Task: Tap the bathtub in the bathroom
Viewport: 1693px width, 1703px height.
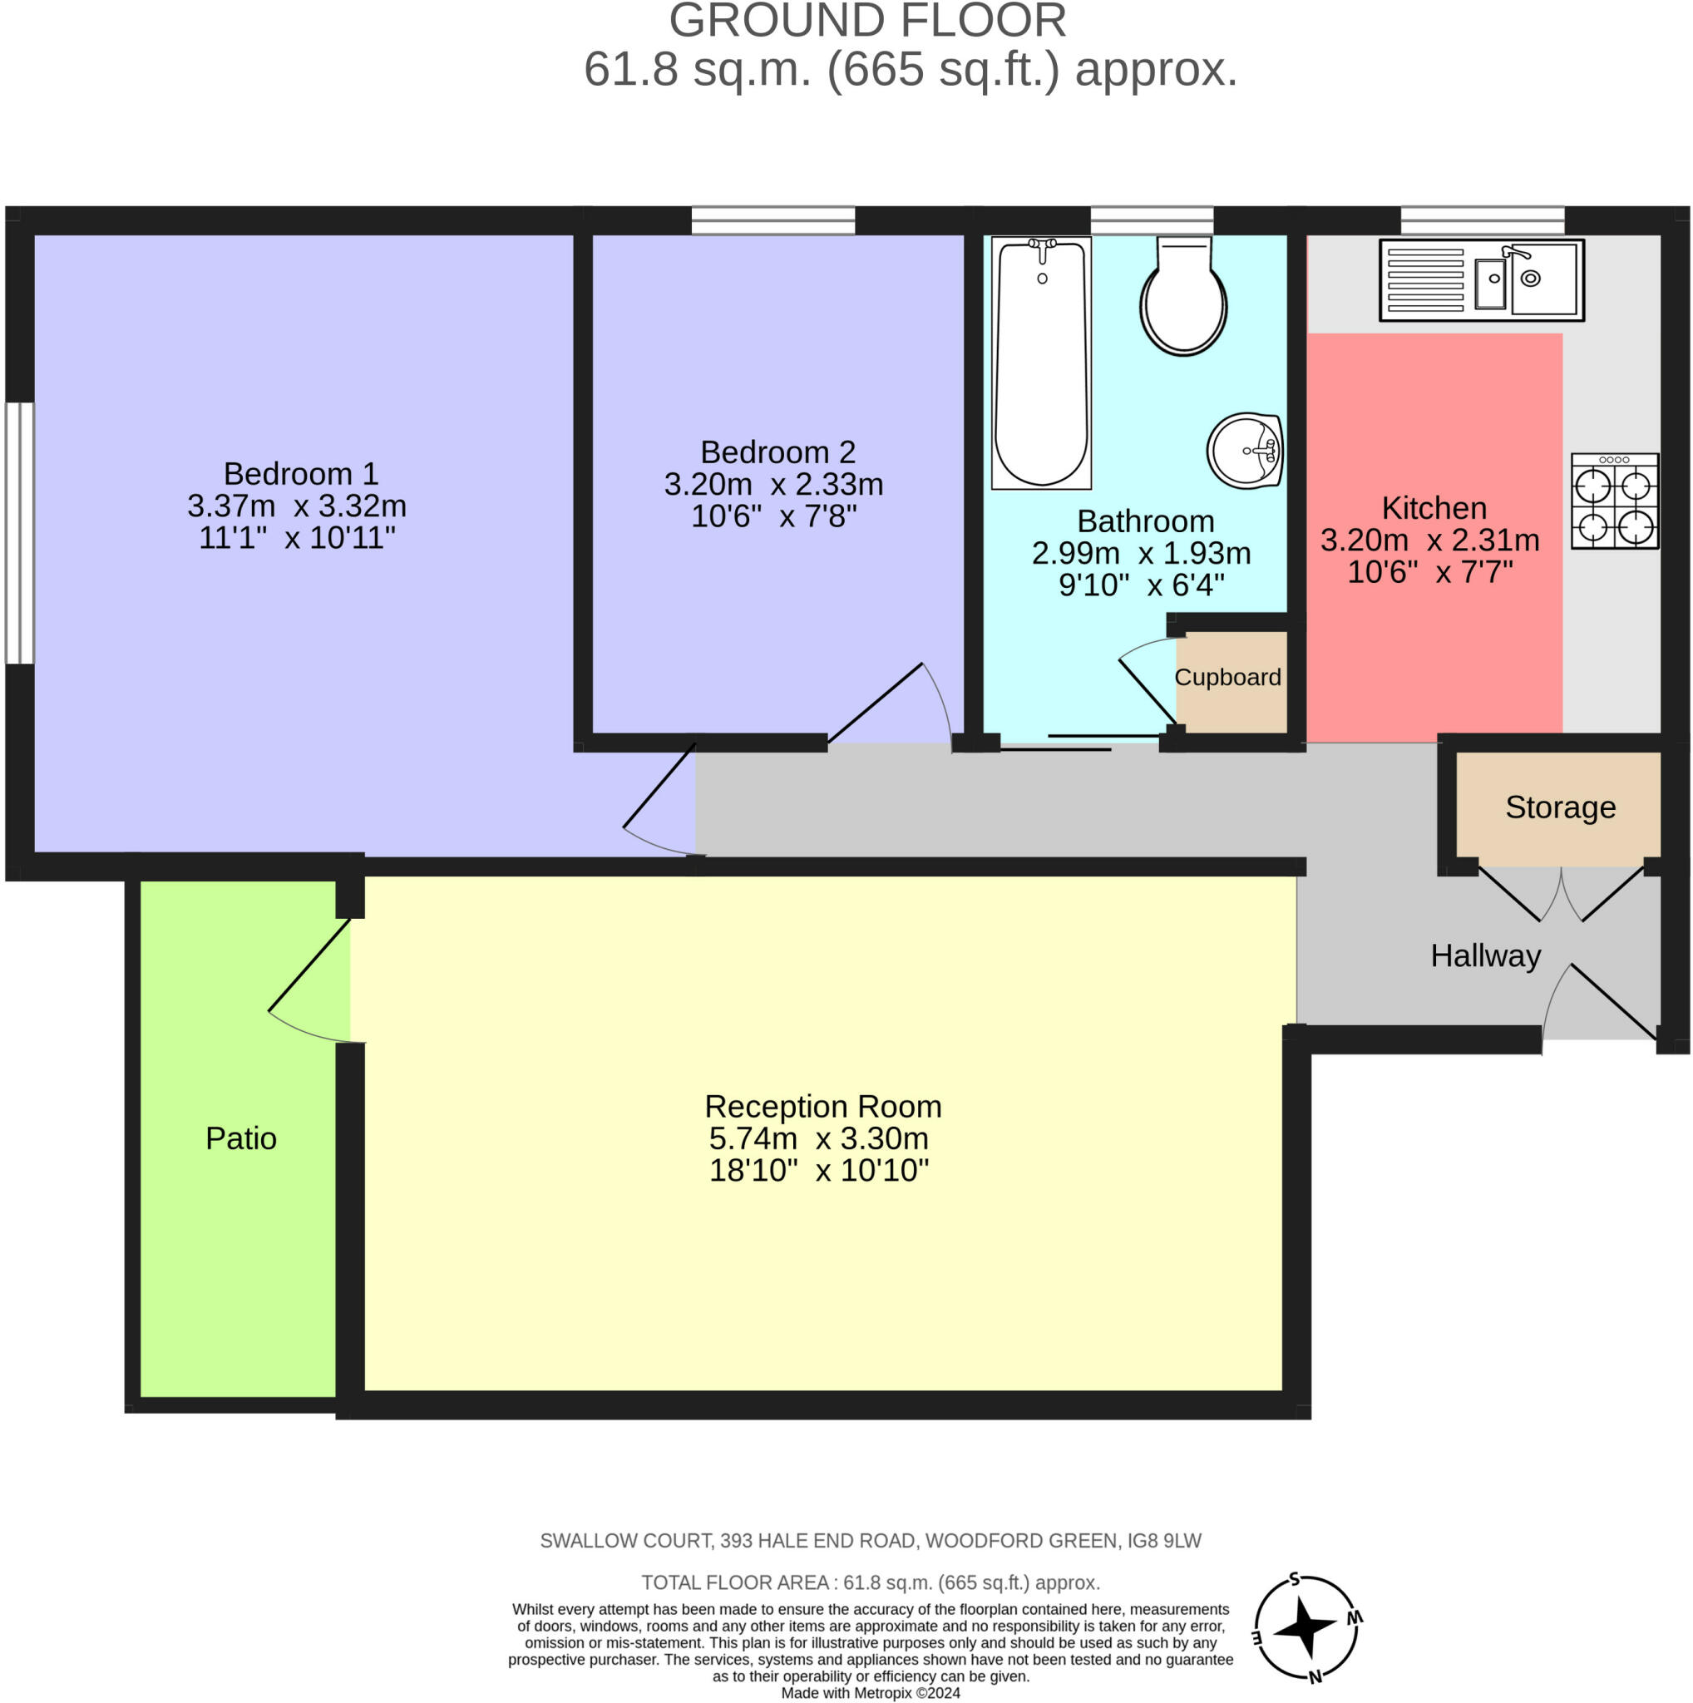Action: (x=1042, y=363)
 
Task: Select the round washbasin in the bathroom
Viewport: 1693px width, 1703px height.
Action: (x=1245, y=451)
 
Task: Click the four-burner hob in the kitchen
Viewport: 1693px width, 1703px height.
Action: (x=1615, y=501)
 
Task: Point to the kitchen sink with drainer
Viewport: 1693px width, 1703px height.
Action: (x=1482, y=280)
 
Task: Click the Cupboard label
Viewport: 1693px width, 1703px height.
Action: (x=1227, y=677)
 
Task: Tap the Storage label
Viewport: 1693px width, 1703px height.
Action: (x=1560, y=807)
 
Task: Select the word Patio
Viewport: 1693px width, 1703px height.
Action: (x=240, y=1138)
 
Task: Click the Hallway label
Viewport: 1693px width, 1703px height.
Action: (x=1485, y=955)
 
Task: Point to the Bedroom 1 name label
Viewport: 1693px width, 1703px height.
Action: (x=300, y=473)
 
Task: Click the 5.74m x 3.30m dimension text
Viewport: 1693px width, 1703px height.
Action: (x=819, y=1138)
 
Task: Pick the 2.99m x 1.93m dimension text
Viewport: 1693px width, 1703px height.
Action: (x=1142, y=553)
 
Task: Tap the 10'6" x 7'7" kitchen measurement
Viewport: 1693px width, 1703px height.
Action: (x=1429, y=572)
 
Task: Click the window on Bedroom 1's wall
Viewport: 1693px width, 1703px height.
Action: (x=19, y=533)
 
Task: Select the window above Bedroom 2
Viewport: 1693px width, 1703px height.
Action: (x=773, y=220)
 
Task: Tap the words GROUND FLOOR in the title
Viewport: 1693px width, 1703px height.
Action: (x=867, y=21)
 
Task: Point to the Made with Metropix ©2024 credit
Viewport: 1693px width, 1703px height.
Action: (x=871, y=1693)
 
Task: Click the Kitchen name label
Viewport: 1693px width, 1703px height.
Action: (x=1434, y=508)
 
